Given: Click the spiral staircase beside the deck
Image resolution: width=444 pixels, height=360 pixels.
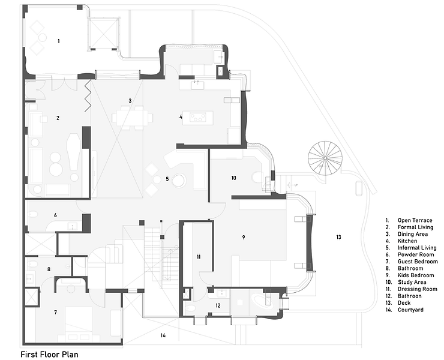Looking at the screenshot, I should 325,157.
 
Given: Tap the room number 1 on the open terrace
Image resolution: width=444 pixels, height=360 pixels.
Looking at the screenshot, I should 58,41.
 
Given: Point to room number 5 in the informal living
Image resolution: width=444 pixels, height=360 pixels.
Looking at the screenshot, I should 167,178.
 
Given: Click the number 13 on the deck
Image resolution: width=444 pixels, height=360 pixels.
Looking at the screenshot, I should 338,238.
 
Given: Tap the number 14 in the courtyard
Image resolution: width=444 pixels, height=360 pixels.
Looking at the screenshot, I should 163,335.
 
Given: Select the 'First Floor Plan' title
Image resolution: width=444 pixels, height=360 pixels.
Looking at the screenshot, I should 49,354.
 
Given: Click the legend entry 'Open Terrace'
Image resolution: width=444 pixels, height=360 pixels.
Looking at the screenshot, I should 415,221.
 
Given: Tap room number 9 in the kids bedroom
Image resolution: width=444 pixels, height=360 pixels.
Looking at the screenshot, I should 244,238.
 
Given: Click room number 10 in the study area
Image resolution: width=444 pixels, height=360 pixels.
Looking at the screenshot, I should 233,178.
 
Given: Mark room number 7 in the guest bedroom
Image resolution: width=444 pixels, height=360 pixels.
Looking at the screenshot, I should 55,312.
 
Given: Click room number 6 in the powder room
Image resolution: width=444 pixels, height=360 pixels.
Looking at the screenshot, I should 55,214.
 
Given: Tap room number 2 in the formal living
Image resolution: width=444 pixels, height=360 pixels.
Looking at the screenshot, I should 58,118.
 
